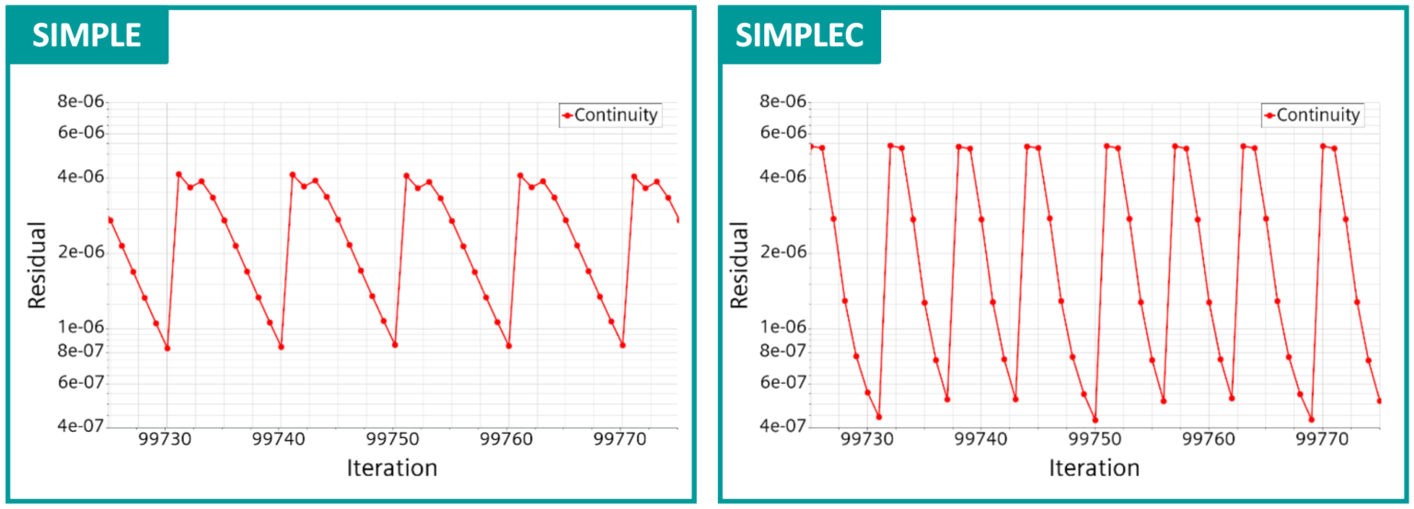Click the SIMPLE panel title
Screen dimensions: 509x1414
click(x=87, y=35)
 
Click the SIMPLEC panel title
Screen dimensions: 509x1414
click(x=799, y=35)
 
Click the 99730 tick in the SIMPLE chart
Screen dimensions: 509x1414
click(x=167, y=440)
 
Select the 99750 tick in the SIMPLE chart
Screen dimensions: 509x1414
click(x=394, y=440)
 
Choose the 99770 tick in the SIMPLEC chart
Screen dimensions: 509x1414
click(x=1323, y=440)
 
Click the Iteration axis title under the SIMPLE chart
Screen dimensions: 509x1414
click(x=391, y=469)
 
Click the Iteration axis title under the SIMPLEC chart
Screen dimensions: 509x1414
click(x=1094, y=469)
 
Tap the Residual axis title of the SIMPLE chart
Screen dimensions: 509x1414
click(x=38, y=264)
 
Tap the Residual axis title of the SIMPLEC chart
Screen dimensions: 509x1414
click(x=739, y=264)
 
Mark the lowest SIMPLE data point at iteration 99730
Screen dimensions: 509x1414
click(x=167, y=348)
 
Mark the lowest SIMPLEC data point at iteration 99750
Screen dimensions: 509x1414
click(x=1095, y=421)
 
